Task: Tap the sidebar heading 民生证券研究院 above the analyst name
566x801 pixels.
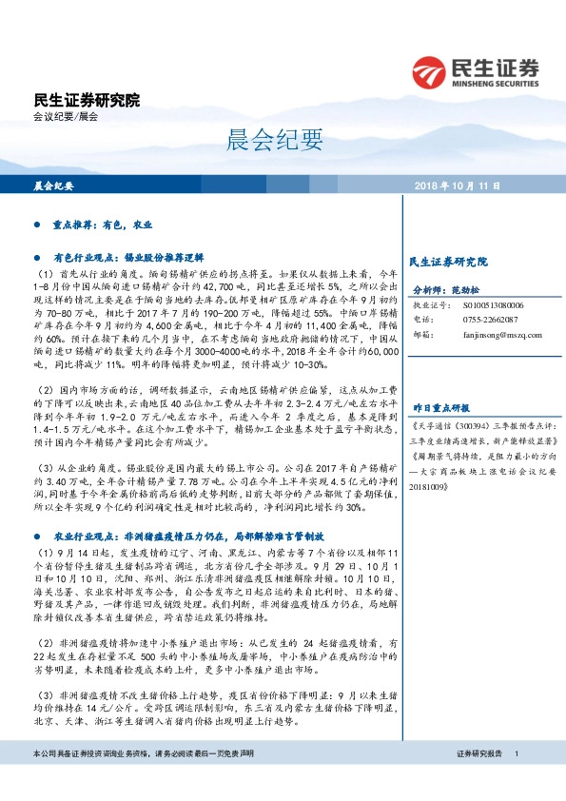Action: (447, 261)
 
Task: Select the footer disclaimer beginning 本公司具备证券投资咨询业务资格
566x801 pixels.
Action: (143, 780)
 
